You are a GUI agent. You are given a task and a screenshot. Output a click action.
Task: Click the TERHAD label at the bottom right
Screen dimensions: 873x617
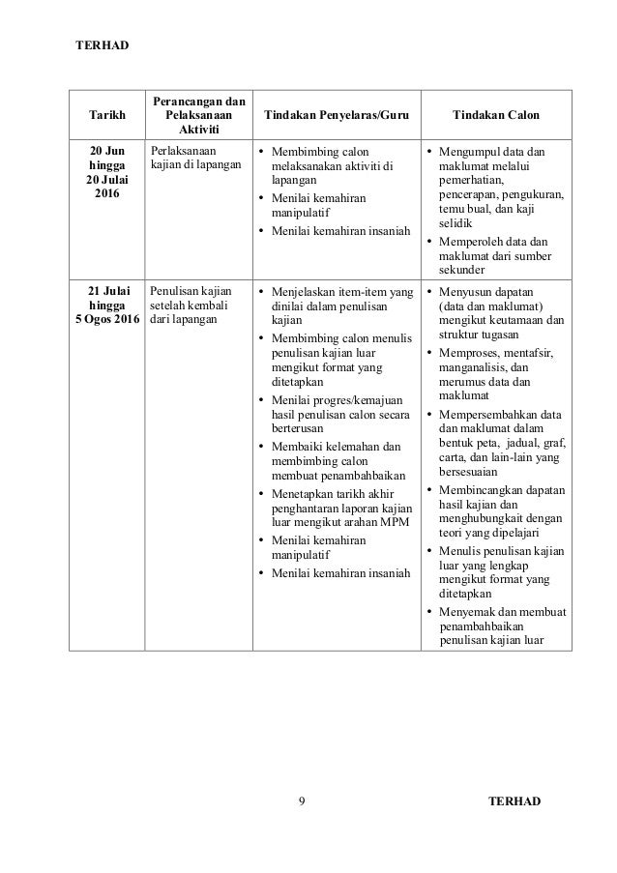pyautogui.click(x=515, y=800)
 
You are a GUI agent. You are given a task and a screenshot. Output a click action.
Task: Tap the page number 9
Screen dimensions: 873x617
pyautogui.click(x=303, y=800)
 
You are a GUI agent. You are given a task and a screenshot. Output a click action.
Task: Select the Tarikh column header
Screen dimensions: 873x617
pyautogui.click(x=106, y=115)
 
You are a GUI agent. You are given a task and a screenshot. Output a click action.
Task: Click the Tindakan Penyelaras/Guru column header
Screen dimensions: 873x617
pyautogui.click(x=330, y=115)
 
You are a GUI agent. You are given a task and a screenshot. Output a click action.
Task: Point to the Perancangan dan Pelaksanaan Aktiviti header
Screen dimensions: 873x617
pyautogui.click(x=197, y=115)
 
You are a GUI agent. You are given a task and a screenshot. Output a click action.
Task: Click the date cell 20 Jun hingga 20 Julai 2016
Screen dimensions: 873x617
pyautogui.click(x=106, y=173)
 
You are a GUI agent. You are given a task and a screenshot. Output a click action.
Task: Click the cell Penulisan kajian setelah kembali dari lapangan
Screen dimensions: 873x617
pyautogui.click(x=191, y=306)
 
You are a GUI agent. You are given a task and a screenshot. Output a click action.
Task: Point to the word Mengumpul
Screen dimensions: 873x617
pyautogui.click(x=471, y=152)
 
